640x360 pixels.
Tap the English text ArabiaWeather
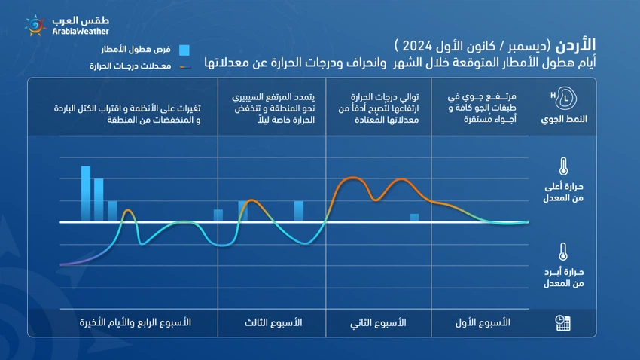[x=81, y=32]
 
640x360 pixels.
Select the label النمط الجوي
[x=562, y=120]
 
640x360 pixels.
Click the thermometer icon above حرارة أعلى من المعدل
[x=562, y=166]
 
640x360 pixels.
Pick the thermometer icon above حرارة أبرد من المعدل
[x=562, y=252]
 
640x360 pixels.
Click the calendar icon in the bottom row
[x=562, y=322]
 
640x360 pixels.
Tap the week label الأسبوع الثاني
[x=379, y=322]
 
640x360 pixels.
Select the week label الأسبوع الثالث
[x=274, y=322]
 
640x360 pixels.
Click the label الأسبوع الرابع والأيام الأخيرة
[x=136, y=322]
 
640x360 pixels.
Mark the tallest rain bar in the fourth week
[x=86, y=194]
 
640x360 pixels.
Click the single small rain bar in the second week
[x=414, y=218]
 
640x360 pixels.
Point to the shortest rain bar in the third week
[x=218, y=215]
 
